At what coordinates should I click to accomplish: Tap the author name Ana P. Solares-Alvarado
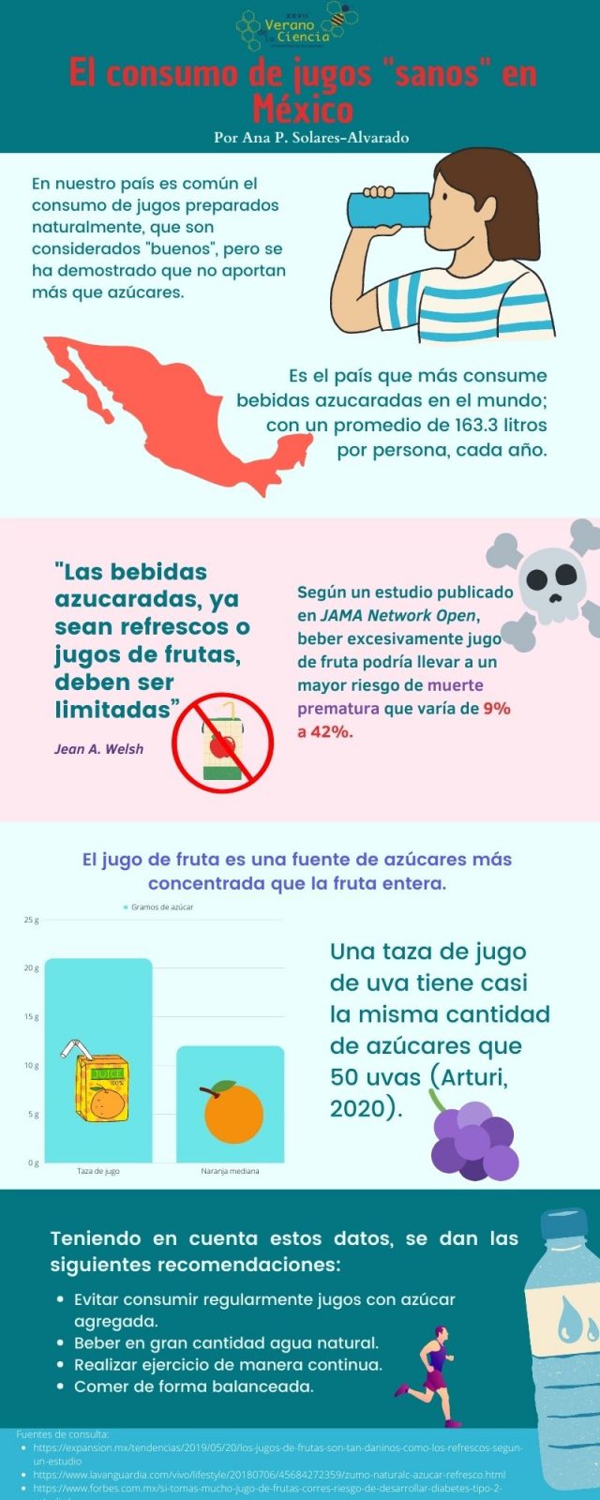coord(311,137)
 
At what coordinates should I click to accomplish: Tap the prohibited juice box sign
coord(223,743)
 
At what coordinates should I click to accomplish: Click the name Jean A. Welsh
coord(98,749)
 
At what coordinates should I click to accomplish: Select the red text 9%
coord(497,709)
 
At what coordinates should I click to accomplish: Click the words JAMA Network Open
coord(398,615)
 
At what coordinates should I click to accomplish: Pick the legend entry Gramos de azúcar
coord(159,907)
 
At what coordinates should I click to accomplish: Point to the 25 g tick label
coord(31,921)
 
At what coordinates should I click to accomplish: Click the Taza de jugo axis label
coord(98,1171)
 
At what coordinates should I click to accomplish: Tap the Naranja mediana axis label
coord(230,1171)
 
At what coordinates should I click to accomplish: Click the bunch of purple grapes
coord(472,1138)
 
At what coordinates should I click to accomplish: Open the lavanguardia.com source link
coord(269,1475)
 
